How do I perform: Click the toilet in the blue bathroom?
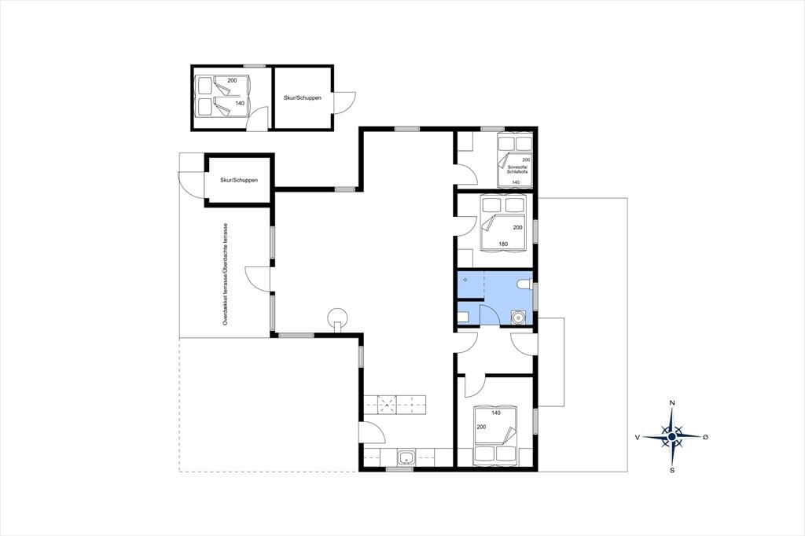[x=524, y=284]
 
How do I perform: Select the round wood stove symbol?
[x=338, y=316]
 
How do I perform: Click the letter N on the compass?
[x=672, y=402]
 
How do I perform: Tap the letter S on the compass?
[x=672, y=470]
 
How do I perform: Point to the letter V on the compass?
[x=637, y=438]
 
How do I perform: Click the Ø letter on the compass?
[x=705, y=437]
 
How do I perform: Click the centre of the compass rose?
[x=672, y=437]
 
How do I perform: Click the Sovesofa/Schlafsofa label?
[x=517, y=170]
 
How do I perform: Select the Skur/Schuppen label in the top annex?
[x=303, y=97]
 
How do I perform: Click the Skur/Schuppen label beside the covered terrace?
[x=239, y=180]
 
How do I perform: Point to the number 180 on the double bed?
[x=503, y=244]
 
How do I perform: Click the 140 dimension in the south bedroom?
[x=496, y=413]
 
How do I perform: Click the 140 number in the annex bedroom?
[x=240, y=103]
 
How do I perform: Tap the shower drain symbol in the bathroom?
[x=465, y=280]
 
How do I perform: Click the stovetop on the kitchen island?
[x=387, y=405]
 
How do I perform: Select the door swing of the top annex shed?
[x=345, y=102]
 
